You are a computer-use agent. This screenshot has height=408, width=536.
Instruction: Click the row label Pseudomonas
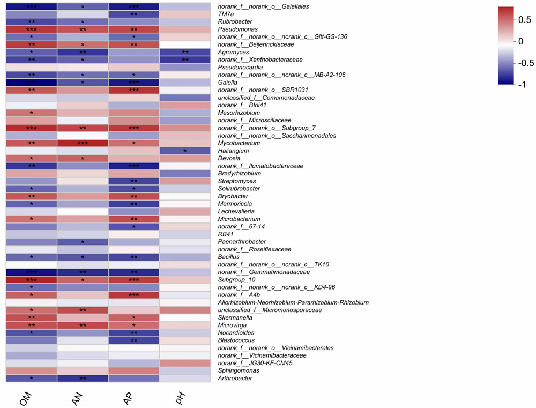pos(237,29)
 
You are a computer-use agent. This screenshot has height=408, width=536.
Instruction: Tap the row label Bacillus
pos(229,257)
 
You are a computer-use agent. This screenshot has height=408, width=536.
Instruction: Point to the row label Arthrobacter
pos(235,379)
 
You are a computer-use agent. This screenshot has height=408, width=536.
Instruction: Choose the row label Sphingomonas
pos(239,370)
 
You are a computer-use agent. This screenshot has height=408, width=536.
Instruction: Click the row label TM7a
pos(226,14)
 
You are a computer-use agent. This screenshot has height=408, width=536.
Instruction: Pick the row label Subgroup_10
pos(236,280)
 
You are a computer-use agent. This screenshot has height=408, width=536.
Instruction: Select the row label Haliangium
pos(233,151)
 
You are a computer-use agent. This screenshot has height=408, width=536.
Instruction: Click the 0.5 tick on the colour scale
pos(525,19)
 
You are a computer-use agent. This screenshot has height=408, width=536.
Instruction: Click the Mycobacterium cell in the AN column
pos(83,143)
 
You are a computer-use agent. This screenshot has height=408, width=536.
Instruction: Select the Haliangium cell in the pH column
pos(185,151)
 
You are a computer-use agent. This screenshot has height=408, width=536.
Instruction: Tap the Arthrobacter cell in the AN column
pos(83,379)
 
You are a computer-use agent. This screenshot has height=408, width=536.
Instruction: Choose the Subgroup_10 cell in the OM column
pos(31,280)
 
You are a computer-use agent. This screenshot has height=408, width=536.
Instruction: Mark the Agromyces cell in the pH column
pos(185,52)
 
